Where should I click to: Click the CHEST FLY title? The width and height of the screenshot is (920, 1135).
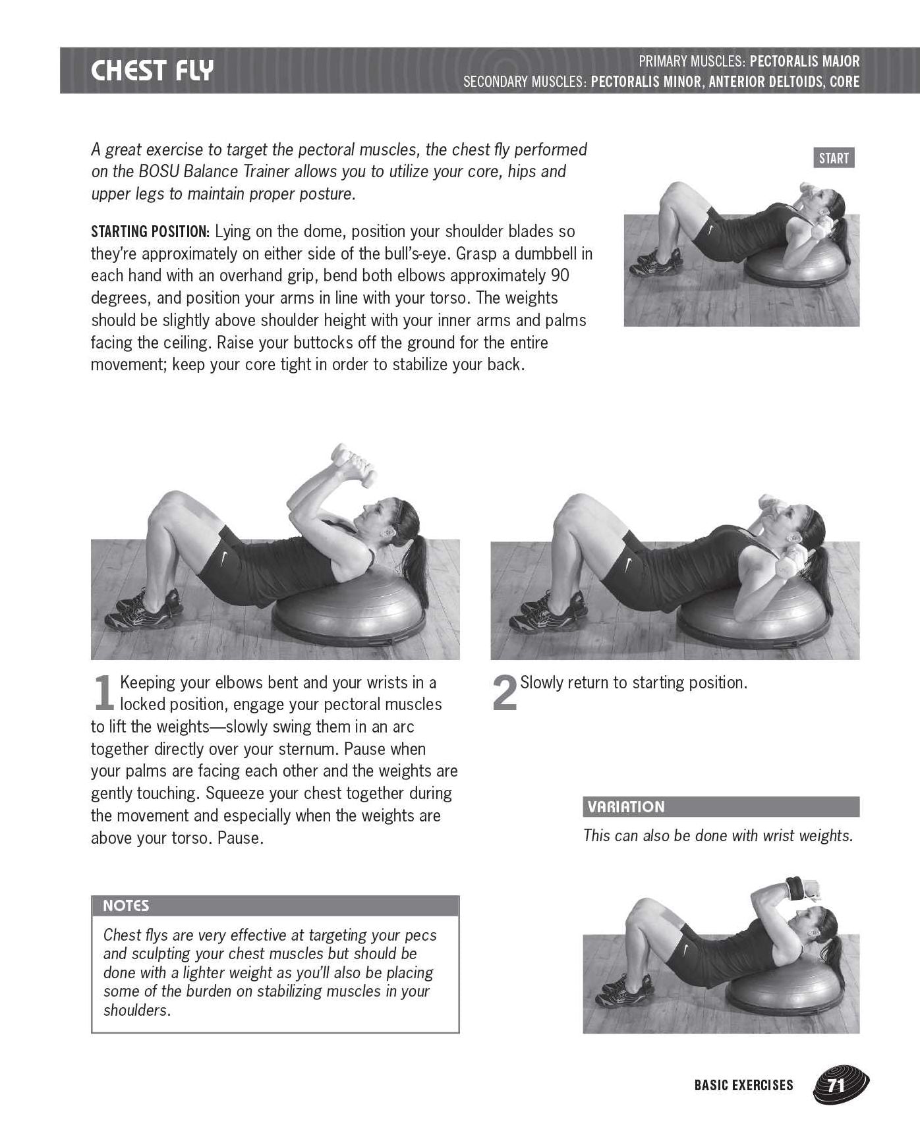tap(152, 70)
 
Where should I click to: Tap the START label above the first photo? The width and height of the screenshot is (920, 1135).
tap(834, 158)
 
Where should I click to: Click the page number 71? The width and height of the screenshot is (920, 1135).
tap(836, 1085)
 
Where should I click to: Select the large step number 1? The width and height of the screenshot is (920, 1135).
tap(104, 693)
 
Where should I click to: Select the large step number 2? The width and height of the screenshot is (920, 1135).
tap(505, 693)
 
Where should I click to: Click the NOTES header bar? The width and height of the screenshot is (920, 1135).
tap(275, 906)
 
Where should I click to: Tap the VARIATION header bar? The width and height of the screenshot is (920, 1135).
tap(721, 807)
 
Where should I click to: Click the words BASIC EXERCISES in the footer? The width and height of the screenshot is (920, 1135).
tap(743, 1085)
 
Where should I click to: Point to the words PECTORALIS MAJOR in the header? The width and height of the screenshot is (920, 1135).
tap(805, 62)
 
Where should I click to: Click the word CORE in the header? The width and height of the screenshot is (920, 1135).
tap(844, 82)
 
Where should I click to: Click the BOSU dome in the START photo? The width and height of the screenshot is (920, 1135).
tap(800, 274)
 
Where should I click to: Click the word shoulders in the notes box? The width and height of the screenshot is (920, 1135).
tap(137, 1010)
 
